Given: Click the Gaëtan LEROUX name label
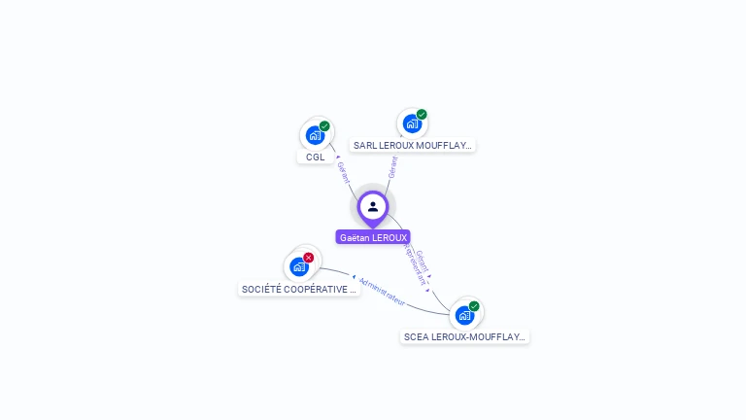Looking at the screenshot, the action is tap(373, 237).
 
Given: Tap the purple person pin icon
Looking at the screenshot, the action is tap(373, 206).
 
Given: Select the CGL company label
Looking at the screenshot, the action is tap(316, 157).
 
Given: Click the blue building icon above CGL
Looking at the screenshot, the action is tap(314, 135).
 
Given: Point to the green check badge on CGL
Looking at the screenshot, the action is tap(324, 126).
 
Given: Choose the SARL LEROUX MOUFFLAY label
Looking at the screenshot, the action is tap(412, 146).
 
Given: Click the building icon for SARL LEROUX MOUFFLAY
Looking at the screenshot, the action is tap(412, 123).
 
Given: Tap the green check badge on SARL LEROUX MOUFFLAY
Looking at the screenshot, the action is tap(422, 115).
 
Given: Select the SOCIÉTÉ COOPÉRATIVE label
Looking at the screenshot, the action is tap(298, 290).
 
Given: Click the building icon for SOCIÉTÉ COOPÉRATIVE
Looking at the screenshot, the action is tap(298, 266).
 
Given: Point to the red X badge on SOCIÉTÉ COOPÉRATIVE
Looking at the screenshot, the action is tap(309, 258).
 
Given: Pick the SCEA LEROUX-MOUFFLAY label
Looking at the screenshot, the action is tap(464, 337).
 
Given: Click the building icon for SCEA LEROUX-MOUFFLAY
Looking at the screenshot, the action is tap(464, 315).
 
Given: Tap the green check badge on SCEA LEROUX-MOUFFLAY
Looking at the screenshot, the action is tap(474, 306).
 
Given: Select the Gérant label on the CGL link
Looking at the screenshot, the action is tap(342, 172).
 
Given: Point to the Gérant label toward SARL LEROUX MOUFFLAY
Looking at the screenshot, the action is tap(392, 167).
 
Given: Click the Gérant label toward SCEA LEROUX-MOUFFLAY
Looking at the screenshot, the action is tap(424, 261).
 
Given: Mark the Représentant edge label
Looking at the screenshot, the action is tap(415, 264).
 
